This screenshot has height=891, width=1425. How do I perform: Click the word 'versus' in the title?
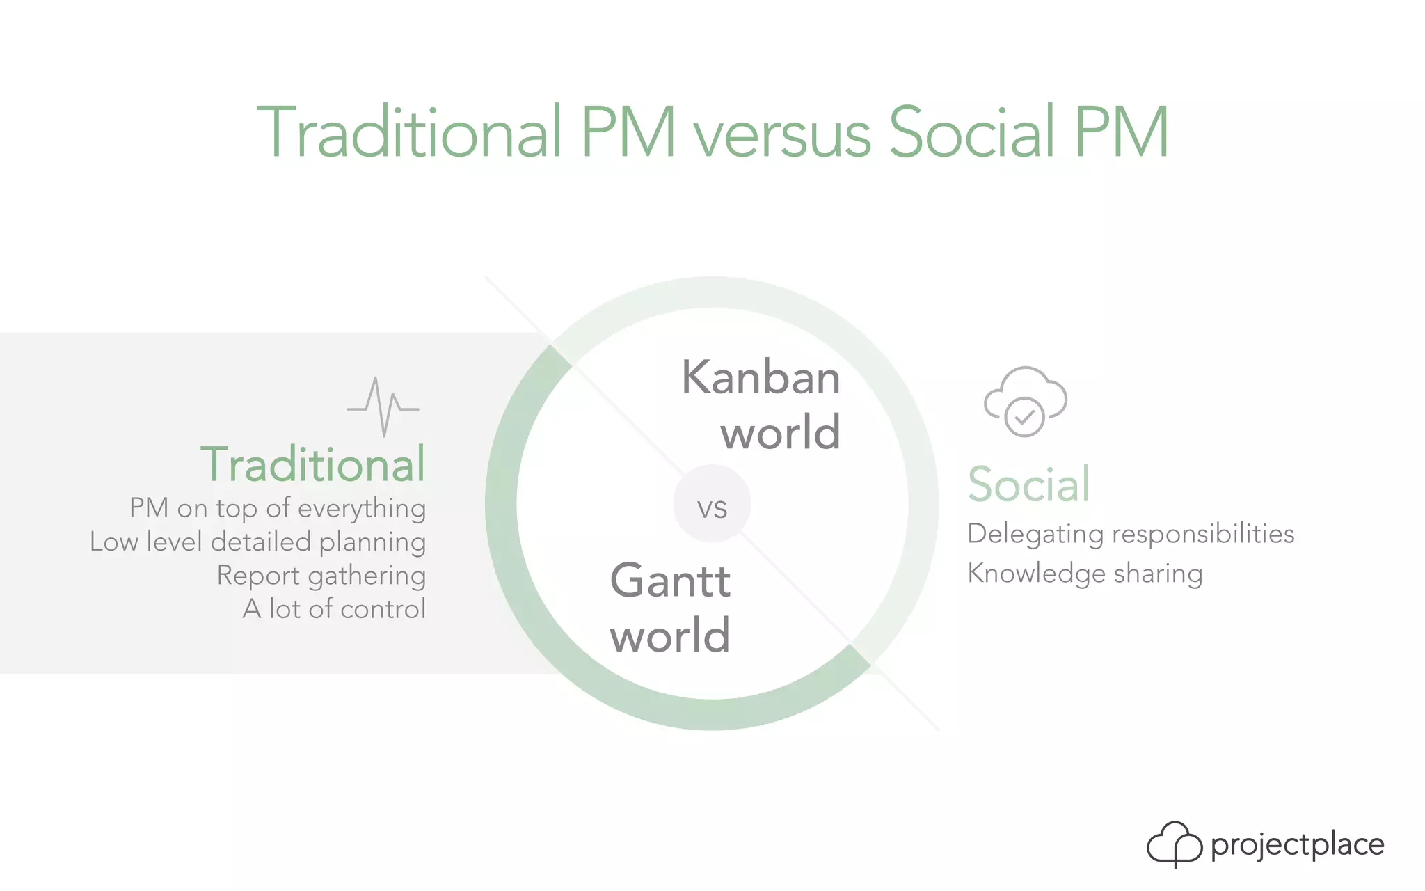click(782, 134)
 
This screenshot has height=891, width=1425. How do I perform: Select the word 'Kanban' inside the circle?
click(761, 378)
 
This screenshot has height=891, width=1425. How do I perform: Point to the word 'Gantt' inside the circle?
click(670, 581)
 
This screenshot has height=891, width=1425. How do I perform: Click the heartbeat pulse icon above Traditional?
click(383, 407)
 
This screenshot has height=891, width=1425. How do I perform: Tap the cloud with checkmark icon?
click(1025, 402)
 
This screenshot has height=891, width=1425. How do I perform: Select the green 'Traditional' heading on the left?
click(312, 464)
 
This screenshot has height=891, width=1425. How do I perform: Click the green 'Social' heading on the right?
click(1028, 484)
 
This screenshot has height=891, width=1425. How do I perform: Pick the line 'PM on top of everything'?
click(278, 508)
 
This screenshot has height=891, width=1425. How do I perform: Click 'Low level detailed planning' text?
click(258, 542)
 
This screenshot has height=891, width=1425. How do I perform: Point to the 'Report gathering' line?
click(321, 576)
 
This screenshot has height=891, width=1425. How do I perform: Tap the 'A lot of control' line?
click(334, 609)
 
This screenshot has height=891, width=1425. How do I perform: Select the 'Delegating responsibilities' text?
click(1131, 534)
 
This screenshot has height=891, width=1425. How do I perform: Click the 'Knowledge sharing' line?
click(1085, 574)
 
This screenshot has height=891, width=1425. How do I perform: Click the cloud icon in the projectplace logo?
click(1174, 844)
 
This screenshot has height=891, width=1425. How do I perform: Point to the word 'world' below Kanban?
click(780, 433)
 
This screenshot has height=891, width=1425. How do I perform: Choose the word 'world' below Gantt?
click(670, 636)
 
